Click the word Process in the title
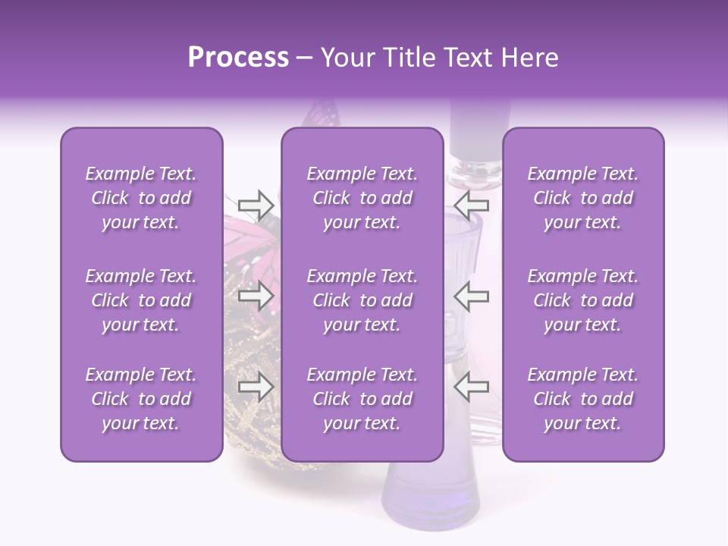click(238, 58)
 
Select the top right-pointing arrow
click(256, 204)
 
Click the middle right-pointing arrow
click(256, 297)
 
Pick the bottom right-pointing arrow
click(256, 388)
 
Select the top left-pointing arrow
click(471, 204)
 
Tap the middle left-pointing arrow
click(471, 297)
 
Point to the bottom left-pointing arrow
click(471, 388)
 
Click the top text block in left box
click(141, 198)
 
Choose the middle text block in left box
click(141, 300)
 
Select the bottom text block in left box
click(141, 399)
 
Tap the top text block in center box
click(362, 198)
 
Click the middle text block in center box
click(362, 300)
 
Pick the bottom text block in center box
click(362, 399)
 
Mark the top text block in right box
click(583, 198)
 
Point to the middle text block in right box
click(583, 300)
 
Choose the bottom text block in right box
click(583, 399)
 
